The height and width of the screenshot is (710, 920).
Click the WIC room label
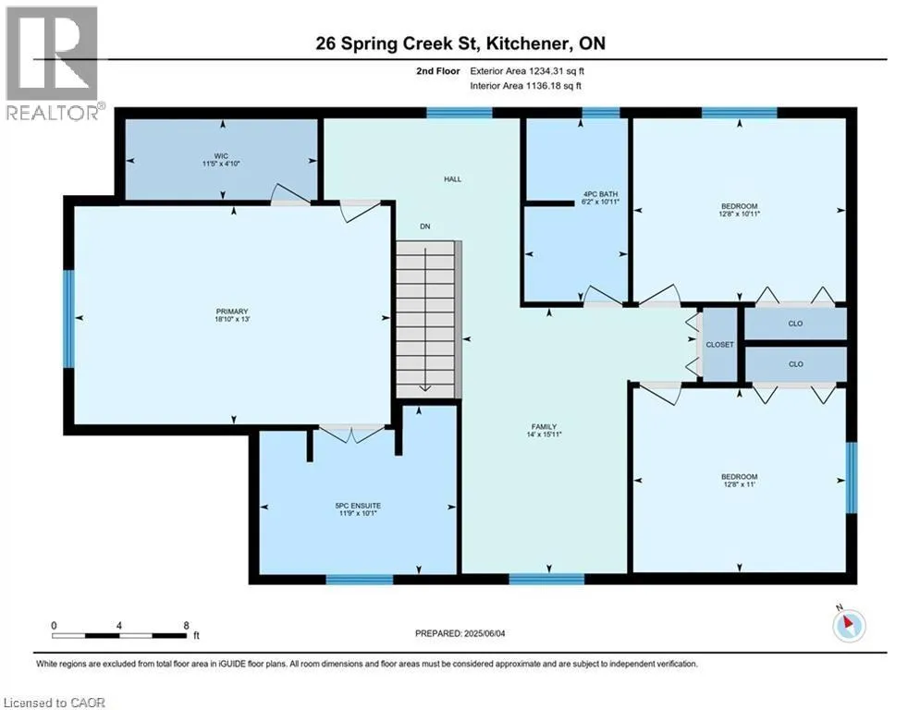221,155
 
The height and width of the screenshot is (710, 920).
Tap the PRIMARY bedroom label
232,312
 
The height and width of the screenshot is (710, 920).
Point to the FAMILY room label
544,426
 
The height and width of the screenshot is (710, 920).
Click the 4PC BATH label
600,194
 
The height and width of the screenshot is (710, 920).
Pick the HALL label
452,179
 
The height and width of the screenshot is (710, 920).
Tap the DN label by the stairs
424,226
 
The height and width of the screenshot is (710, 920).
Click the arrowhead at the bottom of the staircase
424,388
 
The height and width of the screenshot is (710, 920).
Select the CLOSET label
720,345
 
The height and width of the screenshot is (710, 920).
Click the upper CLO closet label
795,324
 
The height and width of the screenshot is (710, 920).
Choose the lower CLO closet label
795,364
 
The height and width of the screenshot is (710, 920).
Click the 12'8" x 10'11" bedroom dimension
740,214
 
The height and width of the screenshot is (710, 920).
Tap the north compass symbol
849,624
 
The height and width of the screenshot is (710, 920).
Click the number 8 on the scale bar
187,626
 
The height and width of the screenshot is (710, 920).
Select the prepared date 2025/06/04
485,633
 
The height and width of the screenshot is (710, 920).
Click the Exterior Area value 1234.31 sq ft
557,71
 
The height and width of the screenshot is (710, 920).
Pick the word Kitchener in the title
528,43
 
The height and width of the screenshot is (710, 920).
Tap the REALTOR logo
54,63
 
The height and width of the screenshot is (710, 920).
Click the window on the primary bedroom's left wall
68,319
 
